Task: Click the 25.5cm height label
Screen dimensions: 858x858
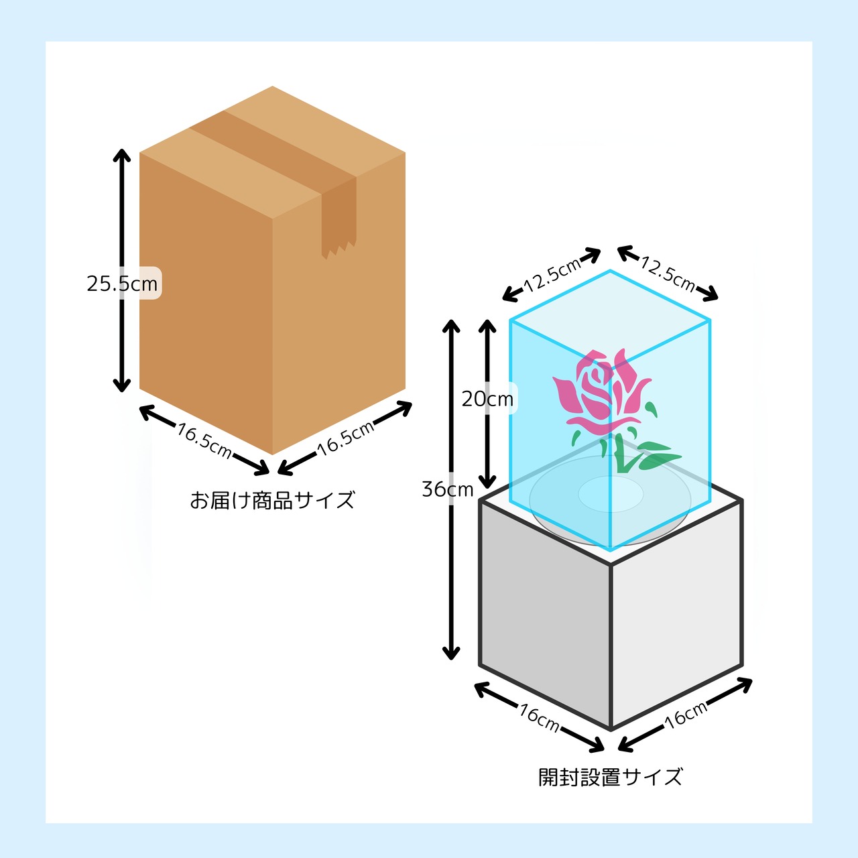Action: pyautogui.click(x=122, y=284)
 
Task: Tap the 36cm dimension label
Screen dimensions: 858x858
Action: pyautogui.click(x=448, y=490)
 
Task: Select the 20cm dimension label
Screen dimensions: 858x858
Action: pyautogui.click(x=487, y=399)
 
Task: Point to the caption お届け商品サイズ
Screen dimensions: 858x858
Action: pyautogui.click(x=272, y=499)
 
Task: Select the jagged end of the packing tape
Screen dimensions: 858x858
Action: pyautogui.click(x=339, y=250)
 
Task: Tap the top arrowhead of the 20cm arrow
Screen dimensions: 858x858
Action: pyautogui.click(x=487, y=326)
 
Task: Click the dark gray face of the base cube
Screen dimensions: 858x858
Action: pyautogui.click(x=545, y=615)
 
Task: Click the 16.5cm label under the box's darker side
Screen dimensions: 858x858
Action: pyautogui.click(x=204, y=441)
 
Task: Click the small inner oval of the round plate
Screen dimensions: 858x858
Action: pyautogui.click(x=611, y=493)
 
